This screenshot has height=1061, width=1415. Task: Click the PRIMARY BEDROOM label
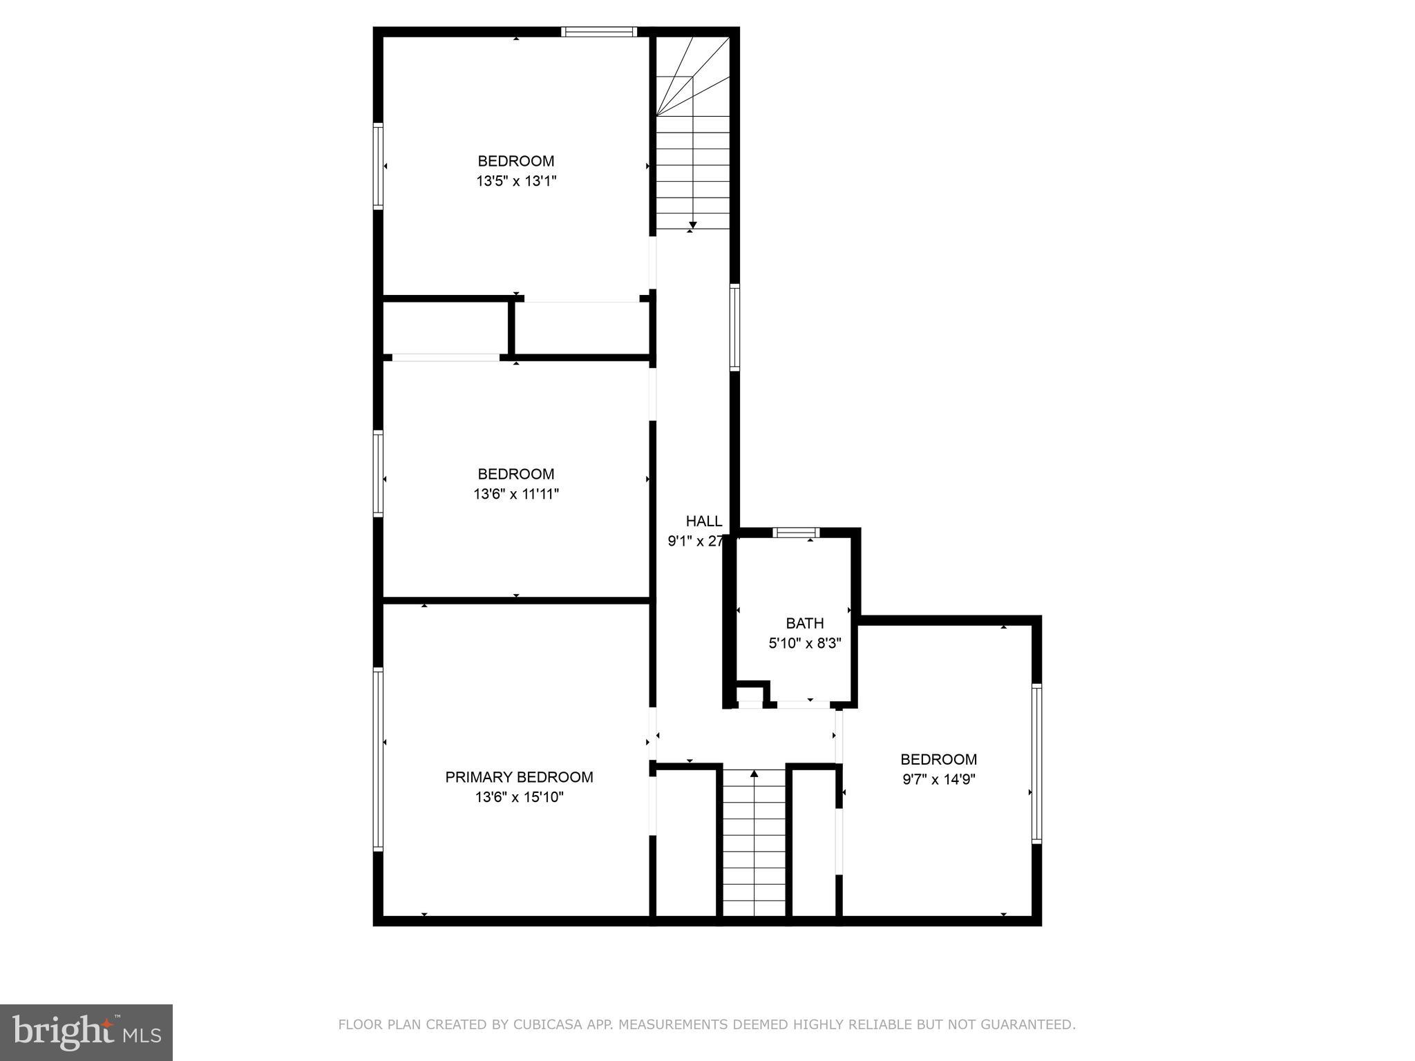pos(519,777)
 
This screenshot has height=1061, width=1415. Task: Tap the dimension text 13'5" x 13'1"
pos(516,182)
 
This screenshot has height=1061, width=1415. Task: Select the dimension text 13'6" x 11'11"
pos(516,494)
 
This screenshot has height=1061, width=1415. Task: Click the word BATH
pos(804,623)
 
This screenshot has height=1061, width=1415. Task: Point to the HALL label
pos(703,522)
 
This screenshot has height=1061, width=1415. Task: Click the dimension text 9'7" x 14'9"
pos(938,780)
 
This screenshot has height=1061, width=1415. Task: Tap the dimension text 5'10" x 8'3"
pos(804,644)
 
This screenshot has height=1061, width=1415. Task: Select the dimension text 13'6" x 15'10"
pos(519,797)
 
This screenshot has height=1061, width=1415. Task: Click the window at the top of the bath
pos(796,532)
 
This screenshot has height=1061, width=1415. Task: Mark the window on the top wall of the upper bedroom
pos(598,32)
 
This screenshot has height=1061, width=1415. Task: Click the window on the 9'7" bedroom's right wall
pos(1036,763)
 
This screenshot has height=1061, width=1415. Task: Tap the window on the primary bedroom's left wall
pos(378,758)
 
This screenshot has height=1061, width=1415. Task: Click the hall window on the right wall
pos(734,327)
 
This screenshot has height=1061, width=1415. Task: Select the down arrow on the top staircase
pos(692,224)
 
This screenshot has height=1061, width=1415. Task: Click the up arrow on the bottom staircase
pos(754,774)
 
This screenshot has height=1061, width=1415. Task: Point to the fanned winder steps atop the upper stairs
pos(692,76)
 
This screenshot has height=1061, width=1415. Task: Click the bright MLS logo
pos(86,1031)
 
